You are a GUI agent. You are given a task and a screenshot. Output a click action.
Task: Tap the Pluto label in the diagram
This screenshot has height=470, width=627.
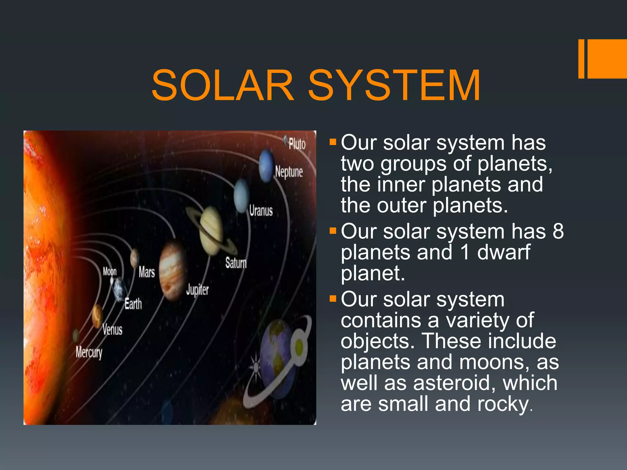coord(297,144)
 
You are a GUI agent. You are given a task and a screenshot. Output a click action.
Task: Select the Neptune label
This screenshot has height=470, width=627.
coord(289,172)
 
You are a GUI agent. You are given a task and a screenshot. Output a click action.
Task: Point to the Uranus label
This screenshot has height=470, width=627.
coord(261,211)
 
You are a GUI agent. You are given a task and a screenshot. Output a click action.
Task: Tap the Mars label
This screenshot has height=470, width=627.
coord(146,272)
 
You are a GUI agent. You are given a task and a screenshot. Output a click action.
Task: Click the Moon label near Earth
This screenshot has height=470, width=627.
coord(110,271)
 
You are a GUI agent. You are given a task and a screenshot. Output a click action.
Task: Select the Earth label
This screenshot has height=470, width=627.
coord(133,304)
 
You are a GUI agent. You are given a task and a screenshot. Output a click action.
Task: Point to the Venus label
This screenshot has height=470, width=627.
coord(112,330)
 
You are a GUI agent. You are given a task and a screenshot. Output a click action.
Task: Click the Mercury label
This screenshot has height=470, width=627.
coord(89,352)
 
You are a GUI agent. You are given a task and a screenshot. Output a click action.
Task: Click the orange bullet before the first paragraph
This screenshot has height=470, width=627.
coord(333,142)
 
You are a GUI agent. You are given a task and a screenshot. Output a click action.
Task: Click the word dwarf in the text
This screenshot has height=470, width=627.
coord(503,252)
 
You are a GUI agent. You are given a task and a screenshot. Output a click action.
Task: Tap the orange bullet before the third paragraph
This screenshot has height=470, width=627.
coord(333,298)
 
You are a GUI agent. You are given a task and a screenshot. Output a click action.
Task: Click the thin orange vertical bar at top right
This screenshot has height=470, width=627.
coord(581,59)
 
